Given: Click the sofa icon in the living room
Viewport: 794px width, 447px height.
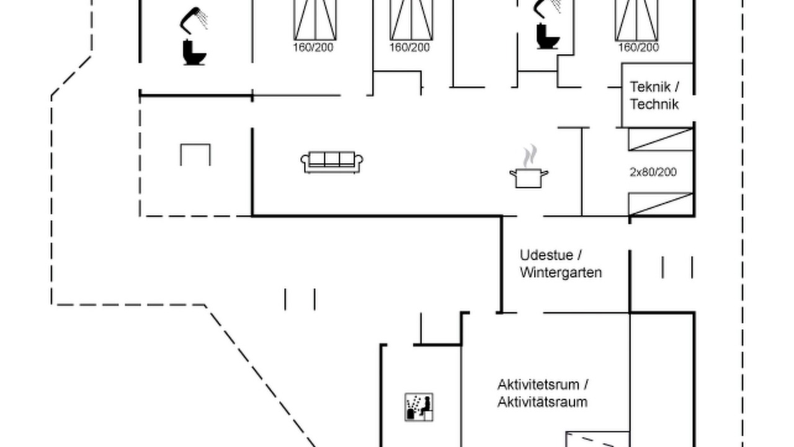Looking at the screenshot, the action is point(332,163).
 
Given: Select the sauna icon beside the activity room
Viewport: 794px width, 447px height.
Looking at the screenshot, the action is point(419,407).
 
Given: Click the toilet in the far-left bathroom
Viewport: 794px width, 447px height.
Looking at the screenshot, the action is point(194,53).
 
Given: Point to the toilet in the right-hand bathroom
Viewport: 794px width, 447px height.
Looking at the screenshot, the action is point(548,36).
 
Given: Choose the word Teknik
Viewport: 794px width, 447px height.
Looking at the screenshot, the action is point(650,86).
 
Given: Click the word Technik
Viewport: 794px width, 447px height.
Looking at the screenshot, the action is point(654,104).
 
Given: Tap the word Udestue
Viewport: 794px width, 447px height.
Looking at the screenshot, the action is point(546,255).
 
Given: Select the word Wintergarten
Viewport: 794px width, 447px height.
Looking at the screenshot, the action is point(561,273).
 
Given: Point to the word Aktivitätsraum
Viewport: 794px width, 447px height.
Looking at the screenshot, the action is point(542,402).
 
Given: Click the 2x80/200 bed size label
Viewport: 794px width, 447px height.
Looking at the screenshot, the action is point(653,172).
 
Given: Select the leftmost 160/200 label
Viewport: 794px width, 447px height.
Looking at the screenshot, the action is point(313,47).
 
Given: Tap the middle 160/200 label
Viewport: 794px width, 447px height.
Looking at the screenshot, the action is point(410,47).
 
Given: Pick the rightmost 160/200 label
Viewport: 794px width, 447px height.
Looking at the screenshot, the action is point(639,47).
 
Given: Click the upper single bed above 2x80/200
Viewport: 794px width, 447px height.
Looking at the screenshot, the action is point(661,140).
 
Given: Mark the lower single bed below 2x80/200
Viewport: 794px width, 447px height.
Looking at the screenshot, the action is point(661,204).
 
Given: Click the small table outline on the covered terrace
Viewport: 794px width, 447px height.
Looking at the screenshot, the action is point(195,155).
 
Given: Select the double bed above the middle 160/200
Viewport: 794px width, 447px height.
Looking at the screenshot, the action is point(411,20).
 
